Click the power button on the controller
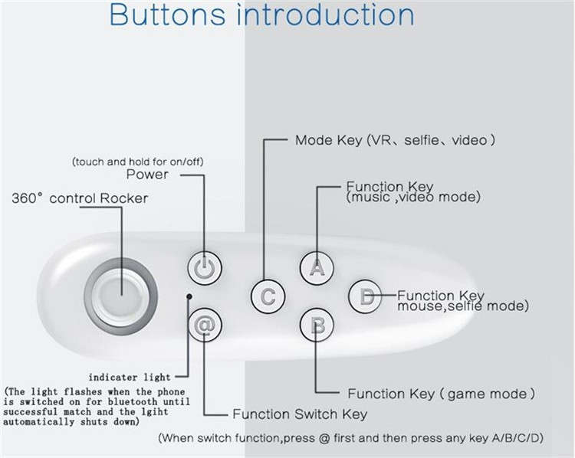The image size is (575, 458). [205, 268]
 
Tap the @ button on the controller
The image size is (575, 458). [205, 325]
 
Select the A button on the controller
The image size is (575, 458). [317, 268]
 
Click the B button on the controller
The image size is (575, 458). [317, 325]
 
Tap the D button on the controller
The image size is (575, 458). [365, 296]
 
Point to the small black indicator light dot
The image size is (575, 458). [189, 296]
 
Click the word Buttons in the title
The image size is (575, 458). [167, 15]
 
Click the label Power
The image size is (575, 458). [147, 175]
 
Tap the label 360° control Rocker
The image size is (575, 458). [80, 198]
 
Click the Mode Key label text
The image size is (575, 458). [395, 140]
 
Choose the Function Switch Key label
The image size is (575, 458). [300, 414]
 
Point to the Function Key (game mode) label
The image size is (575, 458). [441, 394]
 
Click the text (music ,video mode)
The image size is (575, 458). [413, 197]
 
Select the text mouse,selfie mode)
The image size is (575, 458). [463, 306]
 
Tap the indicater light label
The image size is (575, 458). [130, 378]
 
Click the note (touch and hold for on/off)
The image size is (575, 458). [137, 162]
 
